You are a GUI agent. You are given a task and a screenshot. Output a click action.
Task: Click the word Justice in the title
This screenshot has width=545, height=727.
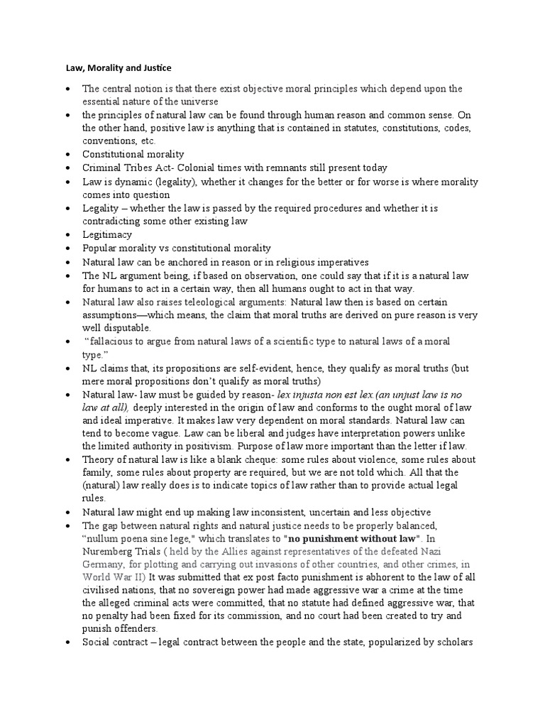155,68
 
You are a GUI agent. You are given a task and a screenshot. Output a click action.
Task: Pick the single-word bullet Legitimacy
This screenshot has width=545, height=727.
106,234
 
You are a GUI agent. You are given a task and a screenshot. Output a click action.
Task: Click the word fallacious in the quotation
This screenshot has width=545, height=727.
116,341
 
